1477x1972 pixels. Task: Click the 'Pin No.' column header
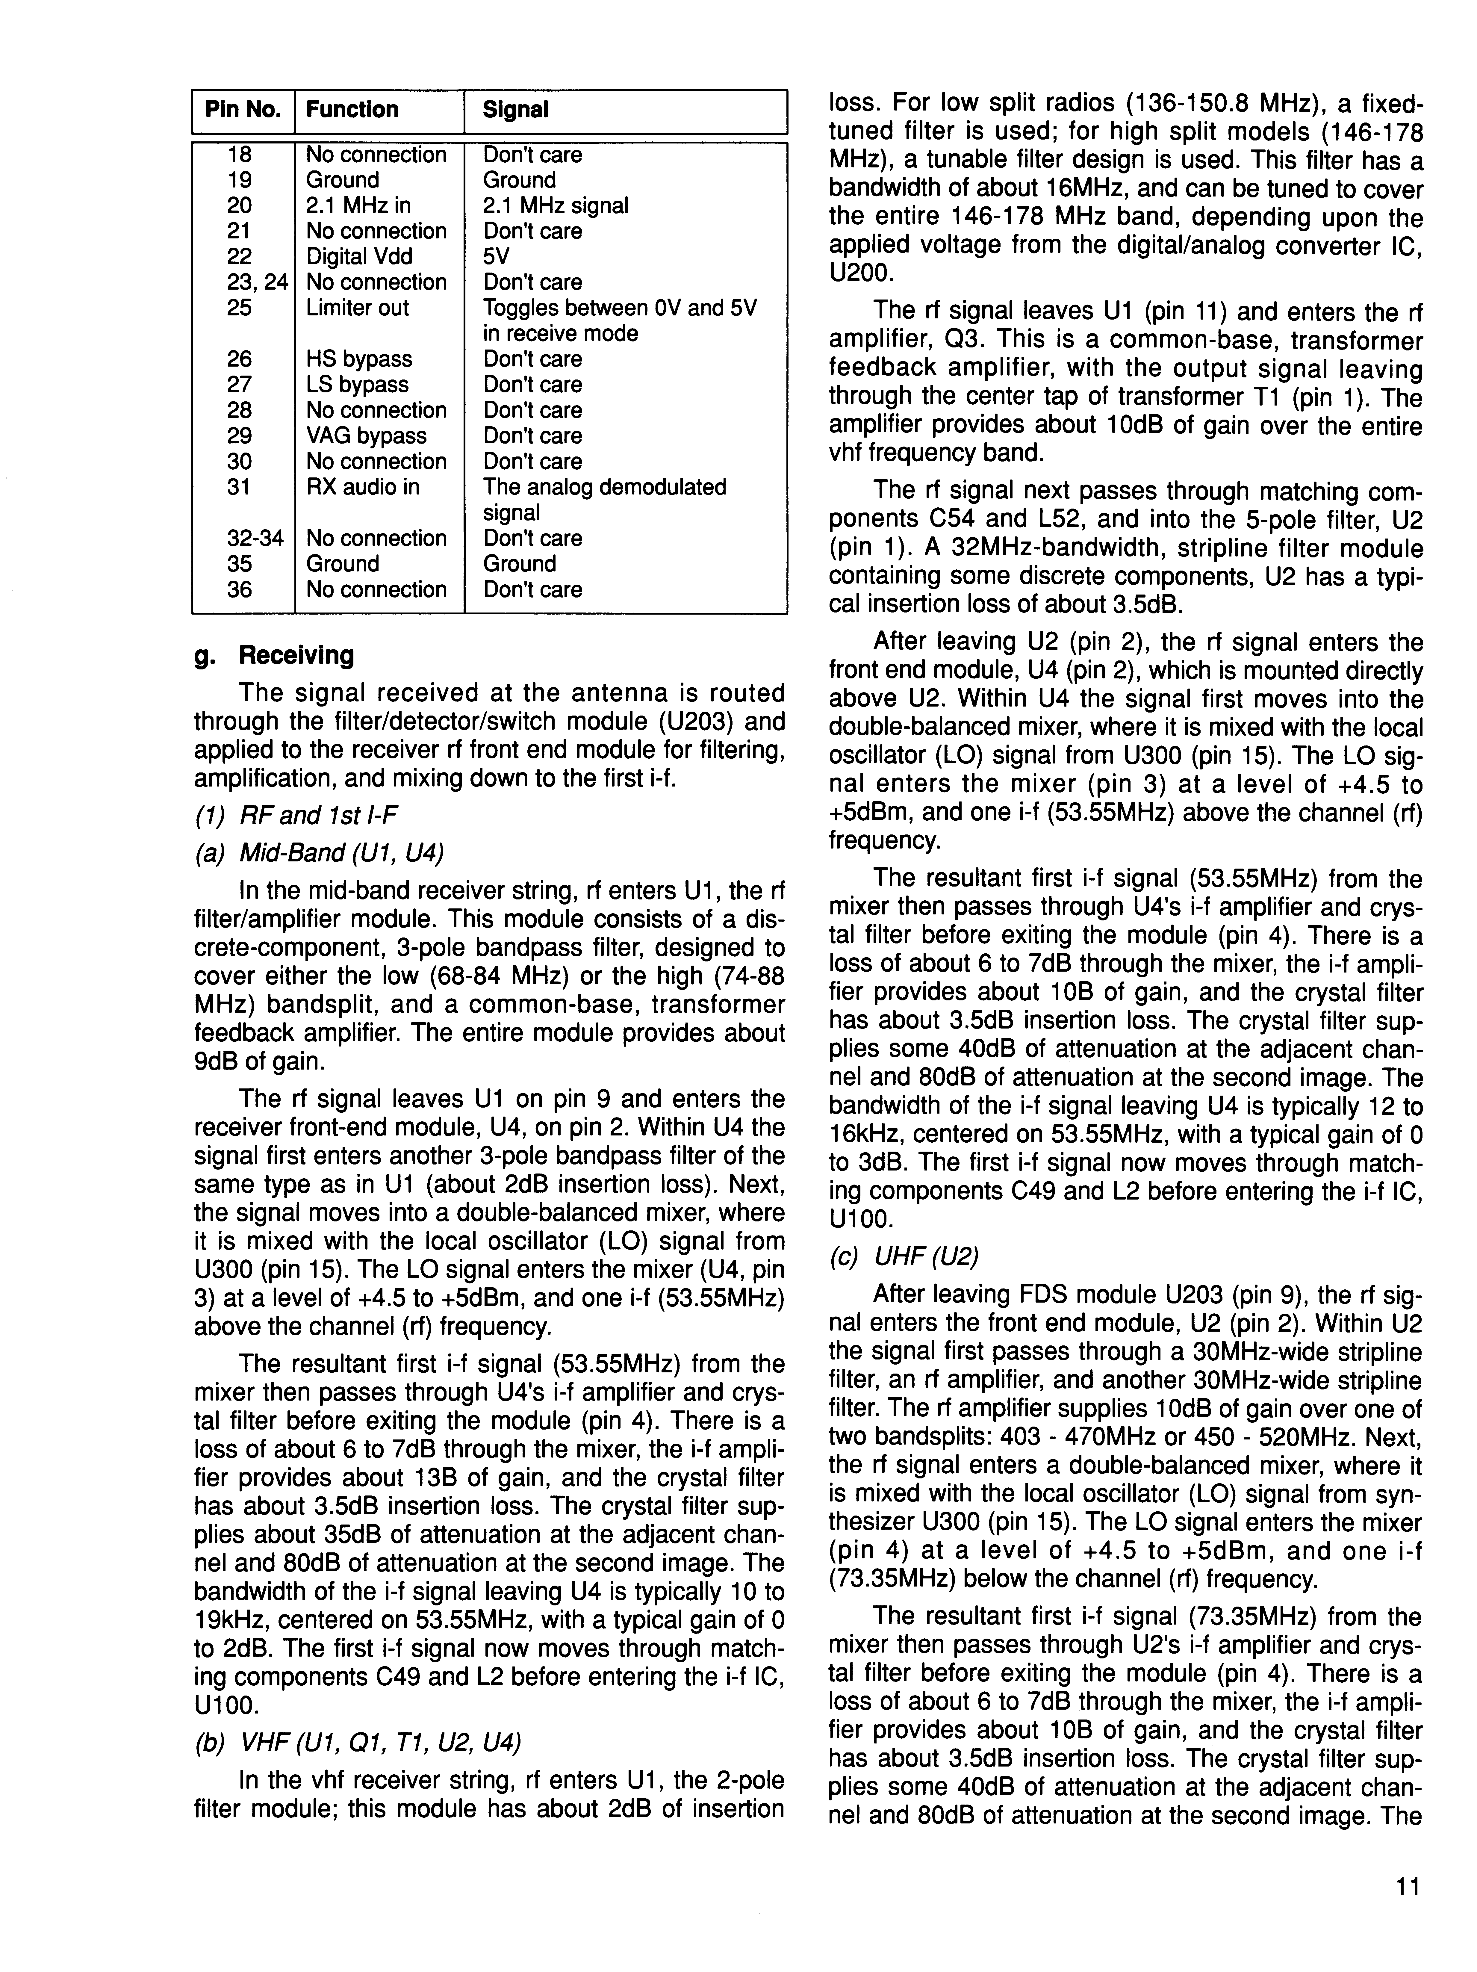[x=243, y=110]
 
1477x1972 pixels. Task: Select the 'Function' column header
[x=352, y=110]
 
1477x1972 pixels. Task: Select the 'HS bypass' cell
[x=359, y=359]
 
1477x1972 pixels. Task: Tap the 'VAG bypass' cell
[x=366, y=436]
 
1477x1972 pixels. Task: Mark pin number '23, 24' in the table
[x=257, y=283]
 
